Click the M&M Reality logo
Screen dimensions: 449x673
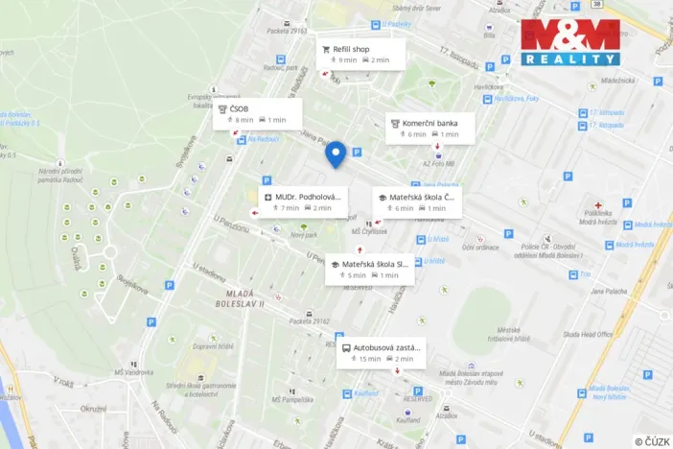[569, 42]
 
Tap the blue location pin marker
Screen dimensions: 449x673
[336, 154]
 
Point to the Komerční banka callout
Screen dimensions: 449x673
[429, 129]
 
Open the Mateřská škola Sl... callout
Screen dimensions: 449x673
[369, 269]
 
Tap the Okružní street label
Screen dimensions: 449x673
[93, 409]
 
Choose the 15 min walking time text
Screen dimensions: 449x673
[369, 359]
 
